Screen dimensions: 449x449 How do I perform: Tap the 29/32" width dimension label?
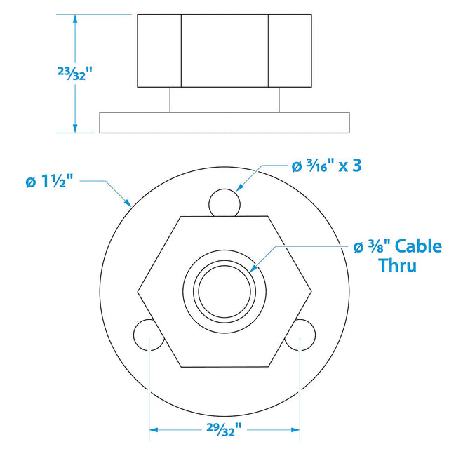[225, 427]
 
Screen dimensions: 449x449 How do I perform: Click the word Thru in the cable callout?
[397, 265]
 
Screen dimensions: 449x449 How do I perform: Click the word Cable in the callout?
[418, 246]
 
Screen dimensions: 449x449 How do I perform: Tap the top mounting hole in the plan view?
[225, 203]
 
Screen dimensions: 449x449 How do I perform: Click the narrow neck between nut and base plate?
[224, 99]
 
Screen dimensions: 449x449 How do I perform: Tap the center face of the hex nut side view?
[224, 50]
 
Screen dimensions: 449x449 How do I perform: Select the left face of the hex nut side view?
[159, 50]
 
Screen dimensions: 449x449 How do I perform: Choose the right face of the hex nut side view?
[290, 50]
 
